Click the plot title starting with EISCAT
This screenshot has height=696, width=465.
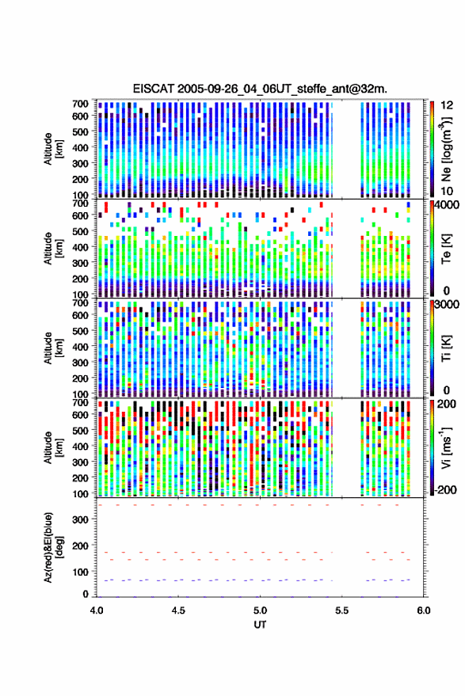260,89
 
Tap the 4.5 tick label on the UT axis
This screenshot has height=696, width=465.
178,610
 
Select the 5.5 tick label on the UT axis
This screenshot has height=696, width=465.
342,610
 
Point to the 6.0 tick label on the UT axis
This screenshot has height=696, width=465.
424,610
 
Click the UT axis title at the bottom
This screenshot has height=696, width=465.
260,625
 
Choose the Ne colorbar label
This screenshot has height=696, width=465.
446,149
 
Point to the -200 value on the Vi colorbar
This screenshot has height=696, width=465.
445,490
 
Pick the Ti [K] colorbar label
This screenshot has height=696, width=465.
446,348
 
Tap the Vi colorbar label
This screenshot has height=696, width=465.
446,447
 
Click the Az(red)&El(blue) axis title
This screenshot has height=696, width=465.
52,547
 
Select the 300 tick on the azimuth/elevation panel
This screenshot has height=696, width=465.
80,519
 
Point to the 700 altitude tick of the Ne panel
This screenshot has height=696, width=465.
80,104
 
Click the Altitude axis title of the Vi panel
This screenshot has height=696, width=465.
53,447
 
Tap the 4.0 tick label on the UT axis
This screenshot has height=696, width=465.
97,610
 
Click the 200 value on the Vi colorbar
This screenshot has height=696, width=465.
446,404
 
